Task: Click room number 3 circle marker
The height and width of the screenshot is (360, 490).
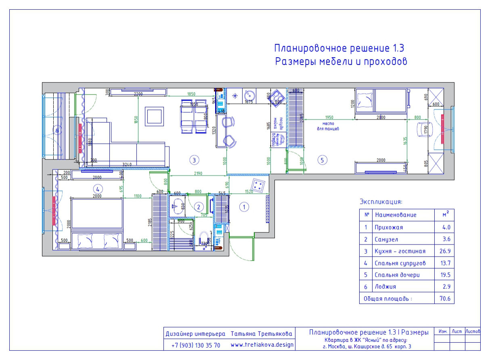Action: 194,160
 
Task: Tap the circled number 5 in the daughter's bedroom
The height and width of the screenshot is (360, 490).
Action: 322,160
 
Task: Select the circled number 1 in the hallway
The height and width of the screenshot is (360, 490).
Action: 244,207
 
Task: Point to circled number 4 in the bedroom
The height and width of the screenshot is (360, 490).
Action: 96,188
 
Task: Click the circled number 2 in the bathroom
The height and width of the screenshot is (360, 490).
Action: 198,207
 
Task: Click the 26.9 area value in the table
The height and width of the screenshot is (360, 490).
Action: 446,251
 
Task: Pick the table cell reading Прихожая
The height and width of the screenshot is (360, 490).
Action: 389,227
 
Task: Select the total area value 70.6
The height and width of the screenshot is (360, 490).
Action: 446,299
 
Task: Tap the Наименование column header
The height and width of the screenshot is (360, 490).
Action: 395,215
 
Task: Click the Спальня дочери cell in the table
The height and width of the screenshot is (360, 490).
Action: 397,275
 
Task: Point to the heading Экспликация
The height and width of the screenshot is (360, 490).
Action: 381,202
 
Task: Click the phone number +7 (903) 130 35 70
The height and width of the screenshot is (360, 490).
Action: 196,345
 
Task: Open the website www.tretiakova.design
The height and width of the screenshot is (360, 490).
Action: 262,345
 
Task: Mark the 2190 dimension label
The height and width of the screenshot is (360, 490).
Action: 198,173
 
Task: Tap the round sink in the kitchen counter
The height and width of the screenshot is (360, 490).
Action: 249,96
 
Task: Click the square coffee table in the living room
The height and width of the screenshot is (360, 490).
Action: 155,117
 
